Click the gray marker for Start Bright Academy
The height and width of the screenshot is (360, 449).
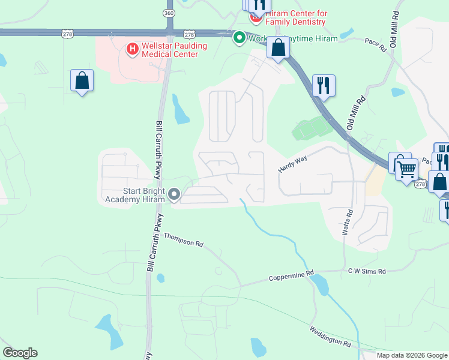pos(175,194)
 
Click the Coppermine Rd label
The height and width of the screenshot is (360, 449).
pos(291,277)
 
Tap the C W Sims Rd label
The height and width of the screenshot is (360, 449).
pos(367,271)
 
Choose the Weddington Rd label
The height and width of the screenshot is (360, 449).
pos(330,337)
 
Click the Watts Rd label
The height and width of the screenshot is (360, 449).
pos(346,221)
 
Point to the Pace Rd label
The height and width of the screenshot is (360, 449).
pos(375,44)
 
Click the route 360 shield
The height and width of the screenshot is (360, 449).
pos(169,13)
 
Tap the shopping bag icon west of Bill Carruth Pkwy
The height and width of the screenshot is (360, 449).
pos(82,80)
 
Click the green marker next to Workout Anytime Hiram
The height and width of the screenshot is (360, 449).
pos(239,38)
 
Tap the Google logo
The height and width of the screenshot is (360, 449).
pos(20,353)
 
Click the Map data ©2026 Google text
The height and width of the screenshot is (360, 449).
pos(412,355)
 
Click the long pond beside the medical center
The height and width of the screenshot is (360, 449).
pos(179,109)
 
